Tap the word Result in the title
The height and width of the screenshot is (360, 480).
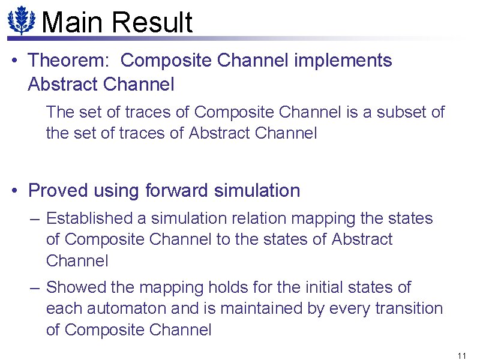click(x=152, y=22)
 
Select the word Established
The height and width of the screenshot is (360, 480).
click(x=96, y=218)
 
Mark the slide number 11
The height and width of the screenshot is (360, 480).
click(x=461, y=355)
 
